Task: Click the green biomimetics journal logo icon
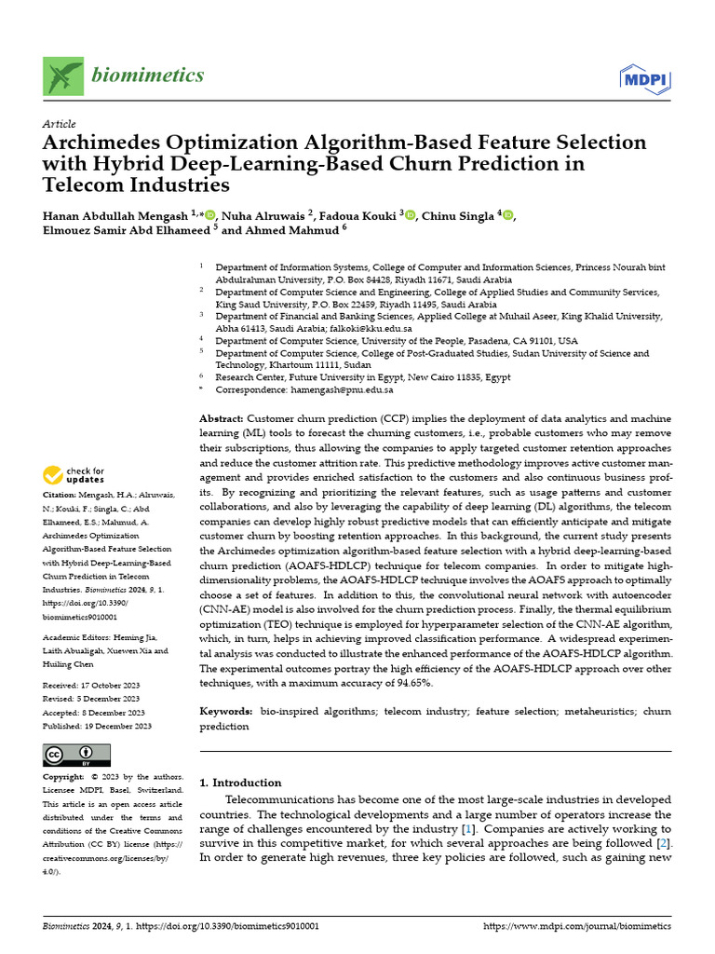point(62,75)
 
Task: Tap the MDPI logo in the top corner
point(645,79)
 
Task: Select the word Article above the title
point(60,124)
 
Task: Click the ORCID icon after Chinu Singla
point(507,215)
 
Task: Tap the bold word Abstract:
point(223,420)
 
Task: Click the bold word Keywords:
point(226,711)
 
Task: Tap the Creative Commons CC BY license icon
point(77,755)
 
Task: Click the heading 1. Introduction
point(241,783)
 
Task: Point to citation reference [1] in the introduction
point(466,828)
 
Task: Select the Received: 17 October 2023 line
point(90,685)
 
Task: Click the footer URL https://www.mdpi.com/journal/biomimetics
point(577,927)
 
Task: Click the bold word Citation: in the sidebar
point(61,497)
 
